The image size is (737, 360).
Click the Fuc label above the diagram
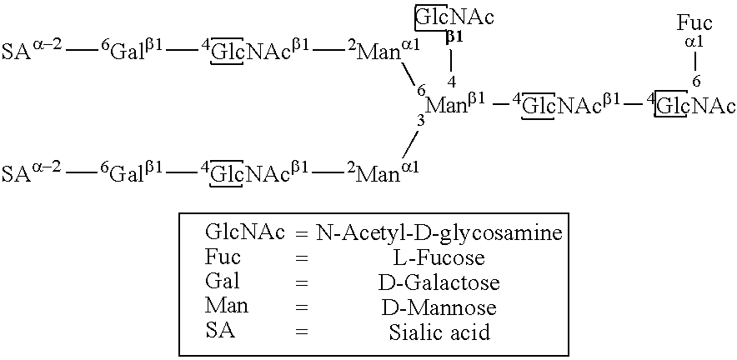[694, 23]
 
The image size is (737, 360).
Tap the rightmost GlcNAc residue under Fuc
[694, 106]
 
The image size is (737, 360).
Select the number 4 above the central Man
[451, 82]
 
